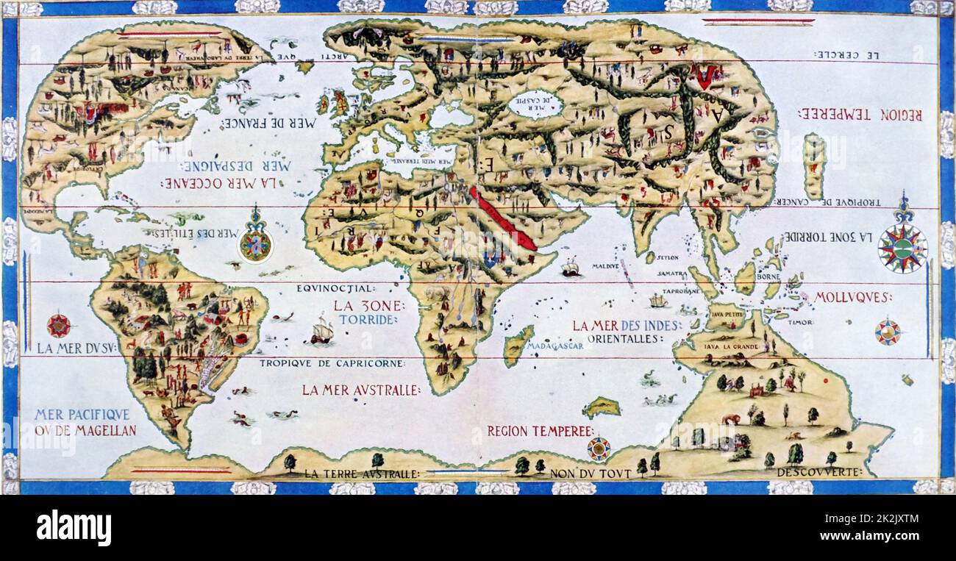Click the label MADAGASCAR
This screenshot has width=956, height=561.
[x=556, y=346]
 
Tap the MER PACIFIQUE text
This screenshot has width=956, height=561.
[x=82, y=415]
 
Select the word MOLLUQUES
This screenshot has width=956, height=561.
[x=852, y=297]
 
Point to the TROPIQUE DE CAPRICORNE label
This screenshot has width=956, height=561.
[x=332, y=363]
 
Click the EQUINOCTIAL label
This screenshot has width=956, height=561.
[x=336, y=288]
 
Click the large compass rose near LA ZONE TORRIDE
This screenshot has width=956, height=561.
[x=902, y=248]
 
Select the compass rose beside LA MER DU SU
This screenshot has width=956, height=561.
[x=59, y=325]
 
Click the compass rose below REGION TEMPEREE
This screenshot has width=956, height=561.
[x=598, y=448]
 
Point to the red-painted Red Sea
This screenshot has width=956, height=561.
[x=503, y=218]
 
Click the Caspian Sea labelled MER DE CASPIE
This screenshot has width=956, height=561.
[x=535, y=105]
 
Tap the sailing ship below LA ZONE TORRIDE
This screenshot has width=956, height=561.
[x=321, y=332]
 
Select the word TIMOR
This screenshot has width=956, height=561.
[x=801, y=322]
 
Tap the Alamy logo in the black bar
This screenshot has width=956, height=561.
[x=74, y=528]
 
